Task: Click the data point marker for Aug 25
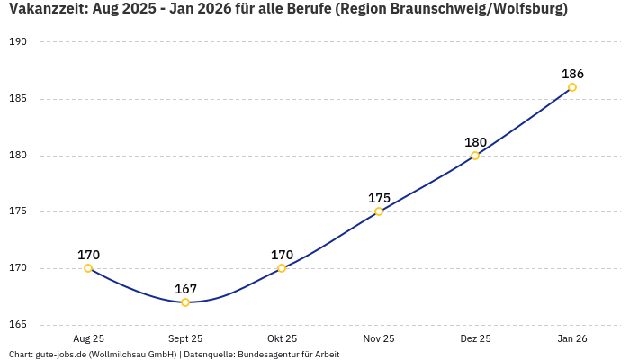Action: pos(88,268)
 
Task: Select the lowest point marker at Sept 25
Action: pos(185,302)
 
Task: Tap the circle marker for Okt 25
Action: pos(282,268)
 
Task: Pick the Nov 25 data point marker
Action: pos(379,211)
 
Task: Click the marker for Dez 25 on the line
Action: pos(475,156)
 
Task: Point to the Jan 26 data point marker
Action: pos(572,87)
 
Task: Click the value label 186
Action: pos(572,74)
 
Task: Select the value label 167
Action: pos(185,289)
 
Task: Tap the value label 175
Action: pos(379,198)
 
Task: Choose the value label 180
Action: pos(475,142)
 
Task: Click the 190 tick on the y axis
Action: pos(18,42)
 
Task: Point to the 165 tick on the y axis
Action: pos(18,325)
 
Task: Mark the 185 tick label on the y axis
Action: pos(18,99)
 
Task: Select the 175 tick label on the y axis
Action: pos(18,211)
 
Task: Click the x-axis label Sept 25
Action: pos(185,339)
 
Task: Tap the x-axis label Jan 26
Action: pos(572,339)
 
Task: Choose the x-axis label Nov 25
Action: pos(379,339)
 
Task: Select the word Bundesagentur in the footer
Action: pos(267,355)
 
